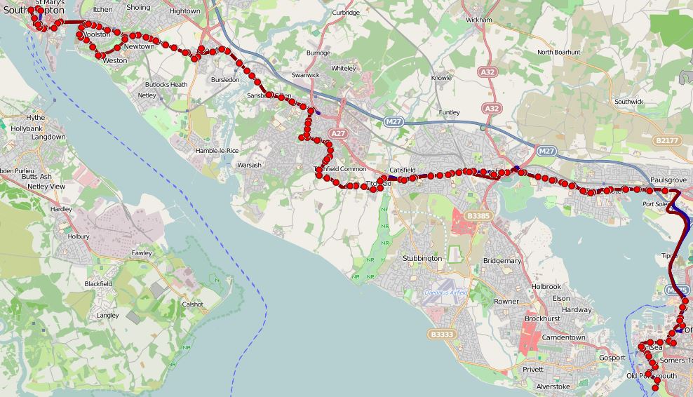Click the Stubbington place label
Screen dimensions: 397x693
[422, 258]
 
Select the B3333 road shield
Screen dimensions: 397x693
[441, 335]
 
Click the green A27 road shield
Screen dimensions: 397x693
[339, 133]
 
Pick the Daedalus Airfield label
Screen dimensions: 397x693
[449, 292]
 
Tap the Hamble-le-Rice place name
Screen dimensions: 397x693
[217, 151]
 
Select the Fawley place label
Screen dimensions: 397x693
[142, 253]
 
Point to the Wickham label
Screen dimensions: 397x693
[478, 20]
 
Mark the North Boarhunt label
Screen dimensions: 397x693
[558, 52]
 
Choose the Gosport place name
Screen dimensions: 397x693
[612, 358]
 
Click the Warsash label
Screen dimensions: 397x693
[249, 166]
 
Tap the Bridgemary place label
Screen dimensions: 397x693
[502, 260]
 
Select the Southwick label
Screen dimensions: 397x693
[628, 102]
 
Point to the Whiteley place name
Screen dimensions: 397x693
[343, 69]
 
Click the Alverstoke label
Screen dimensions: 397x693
[553, 386]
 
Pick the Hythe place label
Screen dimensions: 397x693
[35, 118]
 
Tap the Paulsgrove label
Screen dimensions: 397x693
[667, 180]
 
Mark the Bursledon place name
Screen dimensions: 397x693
[225, 80]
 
